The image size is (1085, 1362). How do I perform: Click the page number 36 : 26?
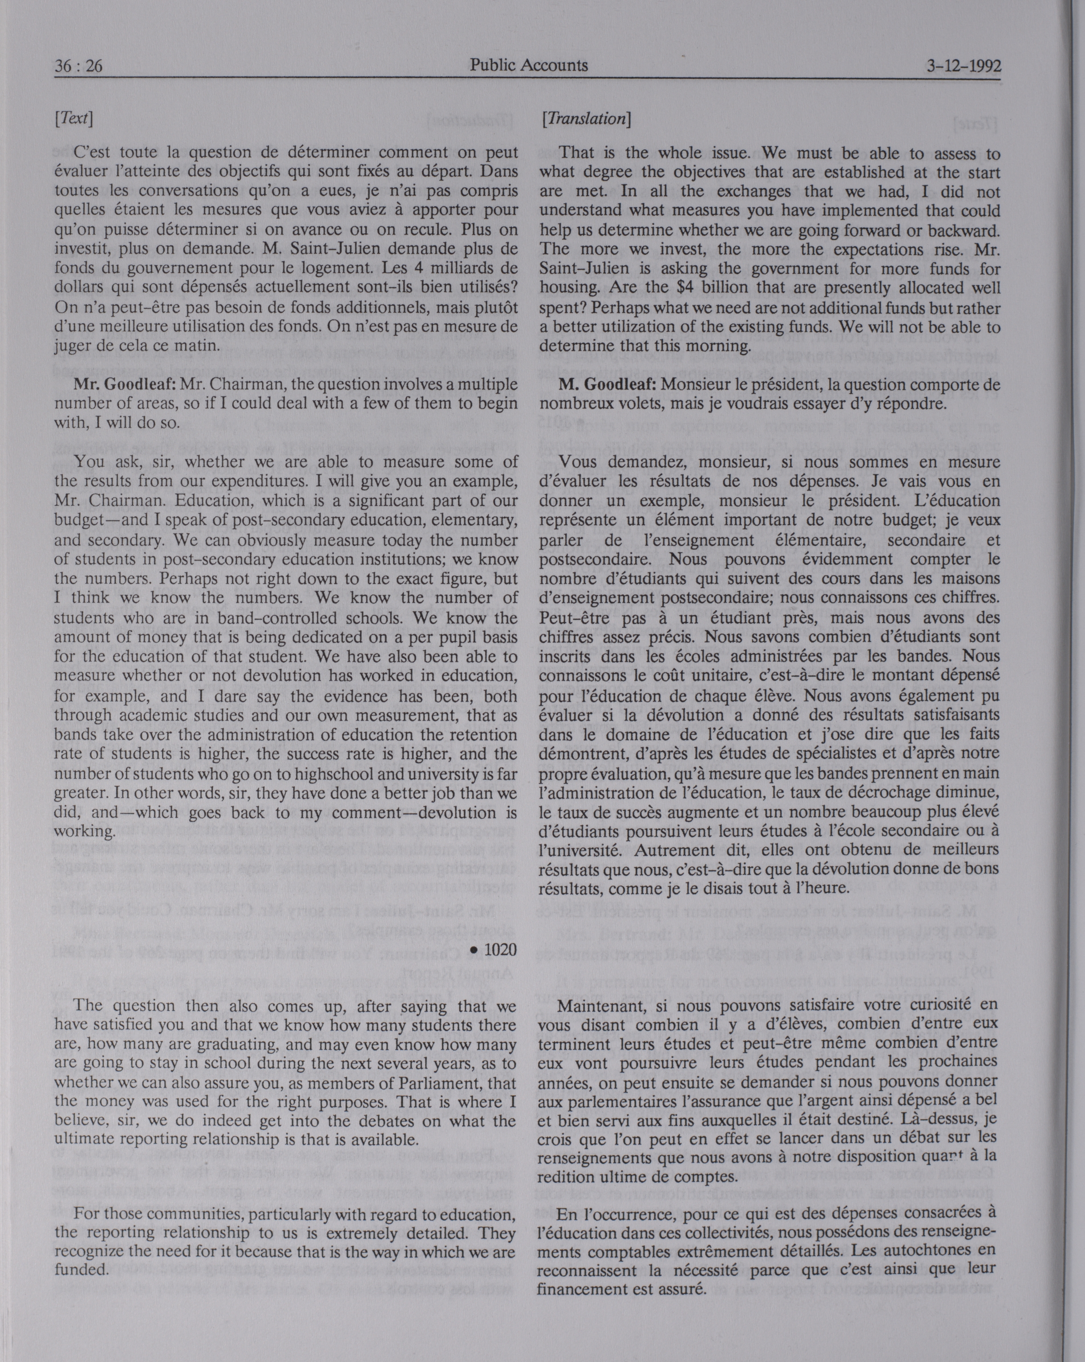pyautogui.click(x=78, y=66)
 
